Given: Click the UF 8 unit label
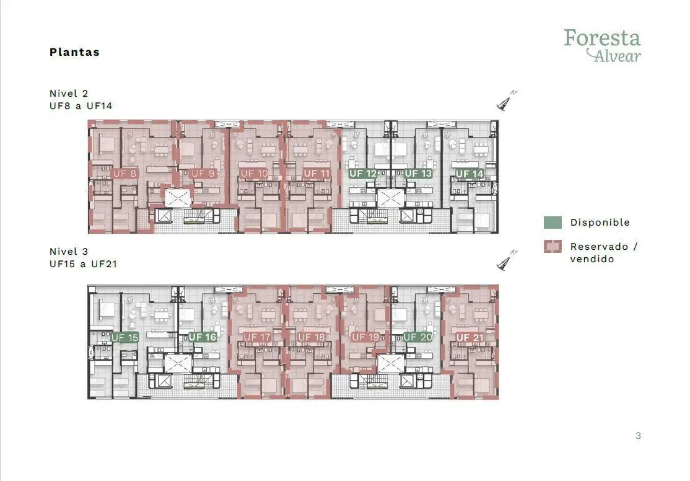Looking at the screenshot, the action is click(124, 174).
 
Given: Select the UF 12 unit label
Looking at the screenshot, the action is click(363, 174).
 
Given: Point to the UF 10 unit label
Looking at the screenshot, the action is click(255, 174).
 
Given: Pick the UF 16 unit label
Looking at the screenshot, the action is click(203, 337).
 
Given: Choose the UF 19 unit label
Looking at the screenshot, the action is click(365, 337).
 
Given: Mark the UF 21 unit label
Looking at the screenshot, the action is click(470, 338).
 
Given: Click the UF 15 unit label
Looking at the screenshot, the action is click(124, 338).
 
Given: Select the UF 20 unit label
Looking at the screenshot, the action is click(417, 337).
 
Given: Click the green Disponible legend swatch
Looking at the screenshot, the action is click(552, 223).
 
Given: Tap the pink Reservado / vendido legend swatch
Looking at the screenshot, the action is click(552, 246).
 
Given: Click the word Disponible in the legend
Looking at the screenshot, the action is click(600, 223).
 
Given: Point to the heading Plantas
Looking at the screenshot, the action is click(74, 52).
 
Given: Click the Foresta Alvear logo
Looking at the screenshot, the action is click(603, 45).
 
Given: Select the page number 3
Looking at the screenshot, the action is click(638, 436).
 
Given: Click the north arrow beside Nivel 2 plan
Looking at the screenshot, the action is click(506, 100).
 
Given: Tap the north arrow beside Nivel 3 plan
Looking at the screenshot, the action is click(506, 260).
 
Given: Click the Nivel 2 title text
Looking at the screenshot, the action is click(69, 94).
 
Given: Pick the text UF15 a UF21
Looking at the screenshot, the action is click(83, 264).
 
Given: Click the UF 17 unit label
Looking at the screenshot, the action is click(257, 337).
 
